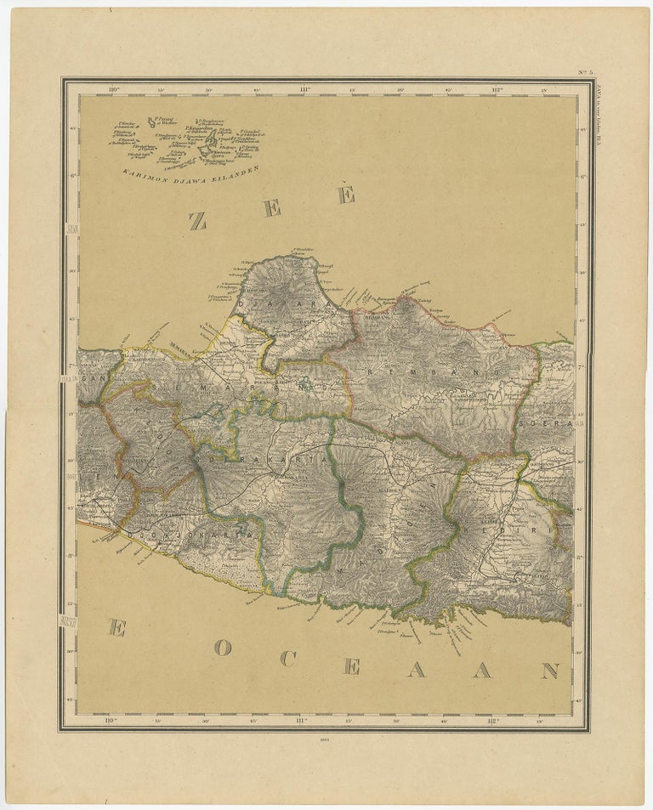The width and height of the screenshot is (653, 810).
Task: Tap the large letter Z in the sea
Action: (x=197, y=221)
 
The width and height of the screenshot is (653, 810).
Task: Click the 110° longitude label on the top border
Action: (x=111, y=88)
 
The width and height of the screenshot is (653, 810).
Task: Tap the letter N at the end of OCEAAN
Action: (x=549, y=671)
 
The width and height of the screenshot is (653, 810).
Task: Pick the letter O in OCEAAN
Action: (x=223, y=648)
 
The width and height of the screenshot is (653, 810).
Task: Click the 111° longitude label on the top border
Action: (x=304, y=88)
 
